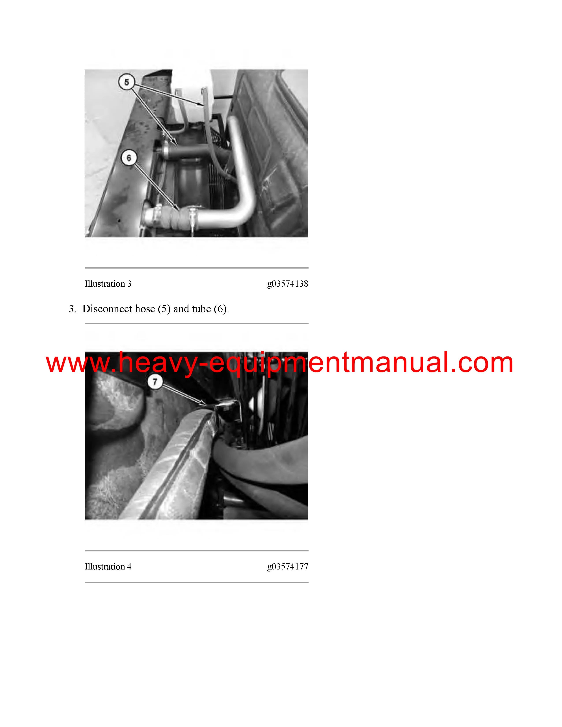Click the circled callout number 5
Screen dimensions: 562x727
pos(127,82)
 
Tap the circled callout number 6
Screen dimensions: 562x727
pos(129,158)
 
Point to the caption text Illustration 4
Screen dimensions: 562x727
pos(108,567)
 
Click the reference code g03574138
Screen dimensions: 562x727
pos(288,284)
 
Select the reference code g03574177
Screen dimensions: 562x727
pos(288,567)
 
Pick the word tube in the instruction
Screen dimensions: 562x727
pos(201,309)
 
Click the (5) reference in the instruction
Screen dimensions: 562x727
pos(164,309)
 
